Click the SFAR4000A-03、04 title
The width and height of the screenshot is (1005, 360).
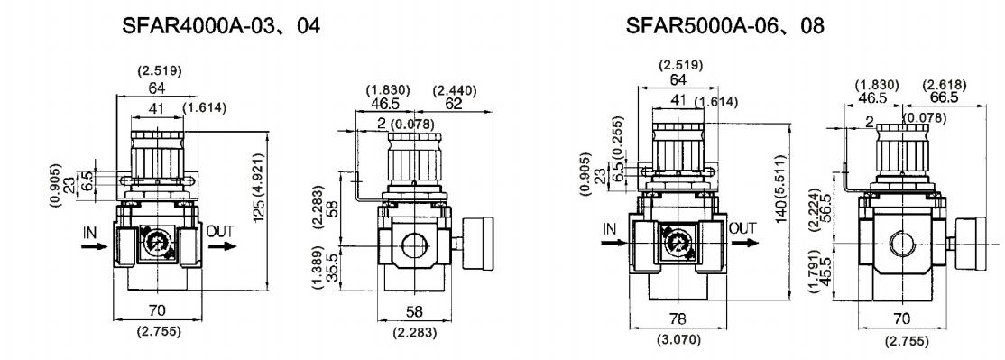pyautogui.click(x=220, y=26)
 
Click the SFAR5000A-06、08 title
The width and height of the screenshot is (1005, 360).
pyautogui.click(x=725, y=26)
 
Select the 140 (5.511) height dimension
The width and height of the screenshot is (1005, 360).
pyautogui.click(x=780, y=189)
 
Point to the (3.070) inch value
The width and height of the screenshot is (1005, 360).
pyautogui.click(x=678, y=339)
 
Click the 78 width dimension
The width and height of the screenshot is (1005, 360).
pyautogui.click(x=678, y=318)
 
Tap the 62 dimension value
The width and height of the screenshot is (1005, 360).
pyautogui.click(x=454, y=104)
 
